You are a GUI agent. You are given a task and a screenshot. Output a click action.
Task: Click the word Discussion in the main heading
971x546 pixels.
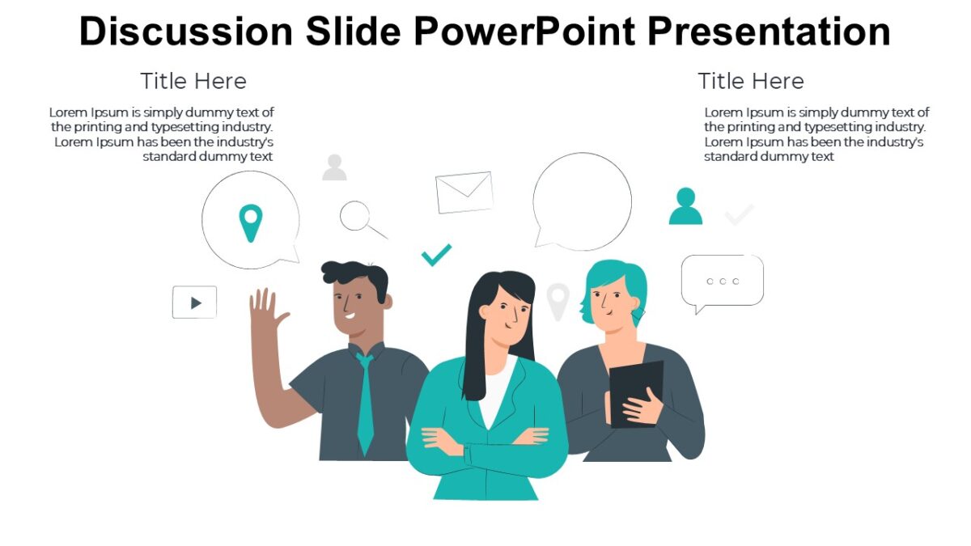click(185, 32)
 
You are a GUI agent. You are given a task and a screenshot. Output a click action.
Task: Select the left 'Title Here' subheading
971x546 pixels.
click(193, 81)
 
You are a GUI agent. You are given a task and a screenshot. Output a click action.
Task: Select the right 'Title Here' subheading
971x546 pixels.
click(751, 81)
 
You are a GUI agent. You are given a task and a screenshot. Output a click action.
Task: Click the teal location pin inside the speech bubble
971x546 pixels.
click(251, 222)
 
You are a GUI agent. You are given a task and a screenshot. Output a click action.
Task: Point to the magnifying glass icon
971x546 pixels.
click(357, 217)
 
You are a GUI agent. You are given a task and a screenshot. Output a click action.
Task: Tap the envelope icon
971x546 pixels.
click(464, 192)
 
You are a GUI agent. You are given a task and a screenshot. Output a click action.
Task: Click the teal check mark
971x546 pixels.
click(436, 255)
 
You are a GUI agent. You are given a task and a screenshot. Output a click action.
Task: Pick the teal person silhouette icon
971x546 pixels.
click(685, 206)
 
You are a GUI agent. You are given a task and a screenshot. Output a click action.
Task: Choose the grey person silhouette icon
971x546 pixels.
click(334, 167)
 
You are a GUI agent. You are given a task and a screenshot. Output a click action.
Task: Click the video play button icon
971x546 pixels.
click(194, 303)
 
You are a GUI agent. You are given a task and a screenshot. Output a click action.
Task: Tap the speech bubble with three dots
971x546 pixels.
click(722, 281)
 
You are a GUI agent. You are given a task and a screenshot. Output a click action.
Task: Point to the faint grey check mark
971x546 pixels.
click(739, 214)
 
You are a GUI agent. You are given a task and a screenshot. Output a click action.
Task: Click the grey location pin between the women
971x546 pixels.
click(558, 300)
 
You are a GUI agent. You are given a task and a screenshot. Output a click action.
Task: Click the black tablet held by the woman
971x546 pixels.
click(636, 392)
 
